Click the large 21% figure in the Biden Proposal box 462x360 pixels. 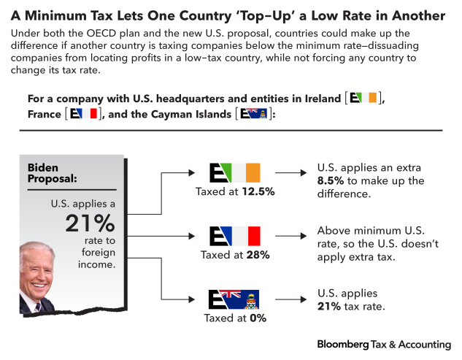click(89, 223)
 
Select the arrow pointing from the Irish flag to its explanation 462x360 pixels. click(290, 173)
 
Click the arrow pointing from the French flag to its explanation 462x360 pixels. click(290, 236)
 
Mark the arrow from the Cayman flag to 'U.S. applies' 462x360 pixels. click(290, 299)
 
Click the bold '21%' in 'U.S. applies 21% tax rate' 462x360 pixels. click(330, 306)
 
